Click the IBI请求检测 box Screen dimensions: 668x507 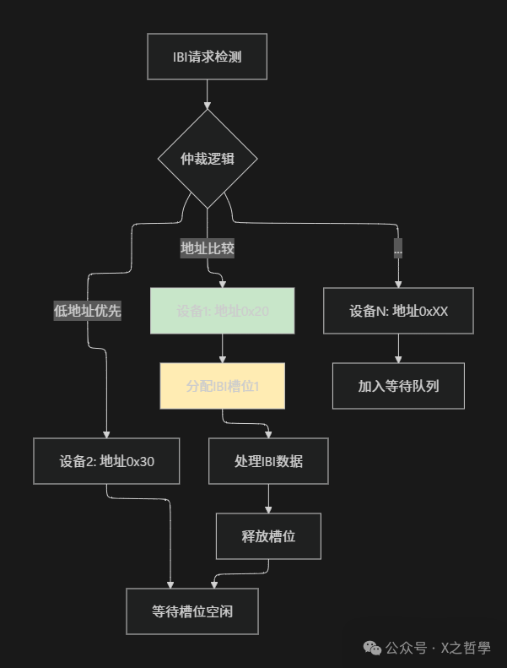207,57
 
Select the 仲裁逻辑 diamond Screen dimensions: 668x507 207,159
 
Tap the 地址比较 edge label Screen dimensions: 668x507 207,248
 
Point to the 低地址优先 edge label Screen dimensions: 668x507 87,311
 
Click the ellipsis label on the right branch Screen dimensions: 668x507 398,249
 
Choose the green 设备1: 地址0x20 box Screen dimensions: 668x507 223,311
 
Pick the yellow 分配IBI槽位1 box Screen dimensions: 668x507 223,386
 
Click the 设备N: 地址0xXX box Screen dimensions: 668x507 398,311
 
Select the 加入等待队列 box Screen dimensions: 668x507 398,386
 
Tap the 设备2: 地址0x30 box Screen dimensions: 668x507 106,461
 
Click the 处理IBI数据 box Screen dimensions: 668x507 268,461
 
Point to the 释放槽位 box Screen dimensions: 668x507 268,536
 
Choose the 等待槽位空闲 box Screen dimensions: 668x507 192,611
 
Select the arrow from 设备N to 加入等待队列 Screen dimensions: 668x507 398,349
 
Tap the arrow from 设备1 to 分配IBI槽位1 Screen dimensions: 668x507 223,349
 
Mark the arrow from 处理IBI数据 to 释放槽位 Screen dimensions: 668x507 268,499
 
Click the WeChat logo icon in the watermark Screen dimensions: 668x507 371,648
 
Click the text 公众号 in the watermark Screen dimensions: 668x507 406,649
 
